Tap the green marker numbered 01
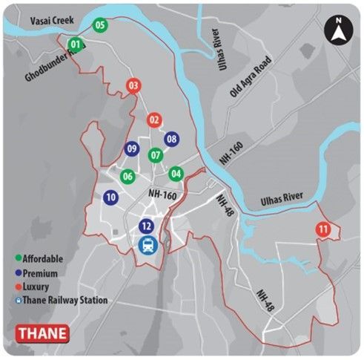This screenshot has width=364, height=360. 75,45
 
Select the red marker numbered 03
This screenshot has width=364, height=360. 133,86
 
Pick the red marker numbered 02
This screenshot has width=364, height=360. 154,120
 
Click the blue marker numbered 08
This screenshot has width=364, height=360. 172,139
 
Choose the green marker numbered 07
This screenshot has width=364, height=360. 154,156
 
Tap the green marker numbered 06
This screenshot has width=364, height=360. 128,177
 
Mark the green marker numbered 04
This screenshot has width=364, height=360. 176,174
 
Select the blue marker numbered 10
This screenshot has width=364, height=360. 110,197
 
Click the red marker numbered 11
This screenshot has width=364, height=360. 322,229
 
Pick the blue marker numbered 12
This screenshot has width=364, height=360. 147,226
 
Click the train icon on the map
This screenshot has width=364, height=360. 148,245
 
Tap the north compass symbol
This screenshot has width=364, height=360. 337,31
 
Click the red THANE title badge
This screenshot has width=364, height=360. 42,333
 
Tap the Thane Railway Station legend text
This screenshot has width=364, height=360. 67,301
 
